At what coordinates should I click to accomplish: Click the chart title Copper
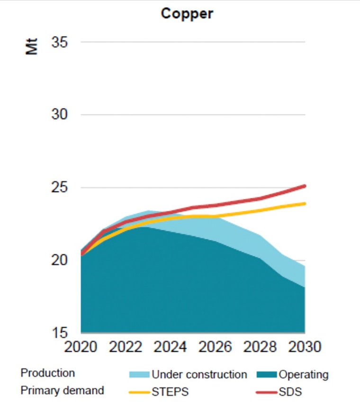(187, 13)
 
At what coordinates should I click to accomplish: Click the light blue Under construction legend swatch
(139, 375)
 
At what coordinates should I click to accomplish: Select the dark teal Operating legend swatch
(267, 375)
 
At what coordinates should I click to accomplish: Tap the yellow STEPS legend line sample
(139, 391)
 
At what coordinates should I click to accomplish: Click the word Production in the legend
(47, 373)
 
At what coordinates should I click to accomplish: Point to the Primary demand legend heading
(62, 391)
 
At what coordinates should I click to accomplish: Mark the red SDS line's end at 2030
(305, 186)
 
